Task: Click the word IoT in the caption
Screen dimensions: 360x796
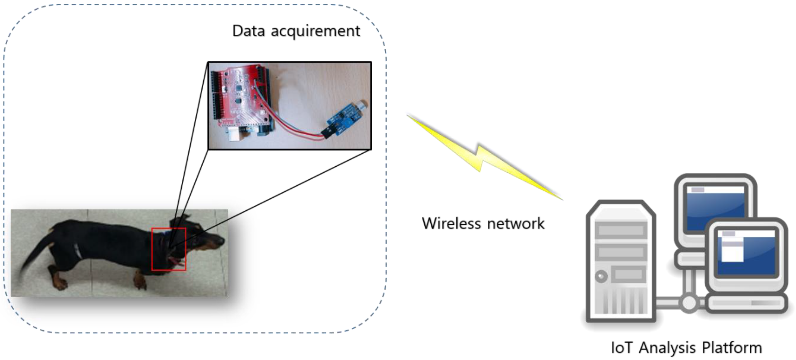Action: point(622,348)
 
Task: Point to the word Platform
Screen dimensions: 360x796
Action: point(732,348)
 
